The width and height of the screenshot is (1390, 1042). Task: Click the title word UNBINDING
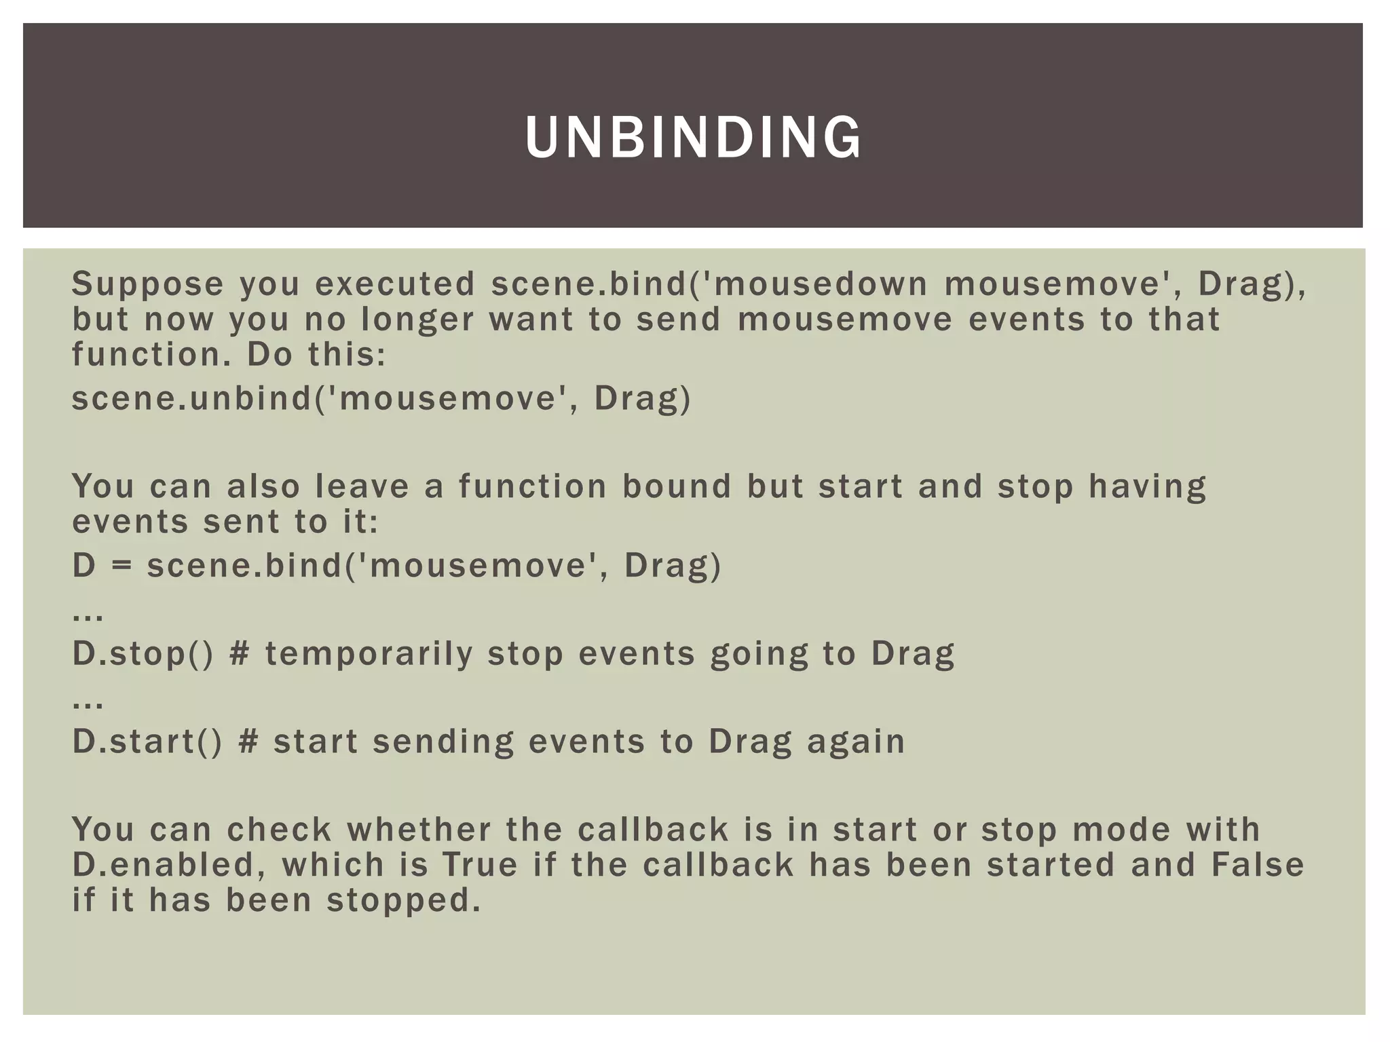(693, 138)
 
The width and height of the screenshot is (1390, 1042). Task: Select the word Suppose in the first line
(147, 284)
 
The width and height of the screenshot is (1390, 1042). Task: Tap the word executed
(395, 284)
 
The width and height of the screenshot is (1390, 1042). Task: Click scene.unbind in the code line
(191, 398)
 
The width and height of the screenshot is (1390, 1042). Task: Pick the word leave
(362, 486)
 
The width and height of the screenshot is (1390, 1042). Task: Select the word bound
(677, 486)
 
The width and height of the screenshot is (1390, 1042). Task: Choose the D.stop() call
(143, 653)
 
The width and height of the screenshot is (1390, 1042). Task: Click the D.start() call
(147, 741)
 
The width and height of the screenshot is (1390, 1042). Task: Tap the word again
(856, 742)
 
